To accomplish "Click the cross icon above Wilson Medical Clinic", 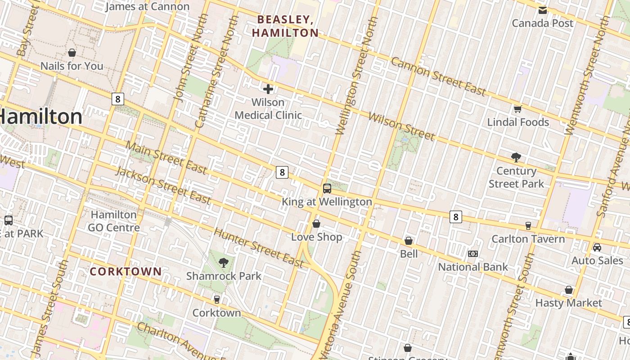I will click(268, 89).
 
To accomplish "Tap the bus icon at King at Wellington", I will click(327, 189).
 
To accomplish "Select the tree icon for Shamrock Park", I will click(223, 263).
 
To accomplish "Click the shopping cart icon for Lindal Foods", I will click(518, 109).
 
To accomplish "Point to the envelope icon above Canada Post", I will click(543, 10).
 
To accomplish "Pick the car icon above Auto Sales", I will click(597, 247).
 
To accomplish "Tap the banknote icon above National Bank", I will click(473, 254).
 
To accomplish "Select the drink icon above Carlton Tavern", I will click(528, 225).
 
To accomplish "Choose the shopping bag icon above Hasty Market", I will click(569, 290).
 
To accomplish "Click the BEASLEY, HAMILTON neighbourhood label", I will click(285, 26).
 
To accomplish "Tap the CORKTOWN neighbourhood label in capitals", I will click(126, 271).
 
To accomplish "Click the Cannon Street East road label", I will click(438, 76).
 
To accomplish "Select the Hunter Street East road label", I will click(259, 248).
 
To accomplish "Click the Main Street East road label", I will click(166, 158).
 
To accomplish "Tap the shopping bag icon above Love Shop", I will click(316, 224).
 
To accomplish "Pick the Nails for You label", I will click(72, 66).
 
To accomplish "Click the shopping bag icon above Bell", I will click(409, 241).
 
